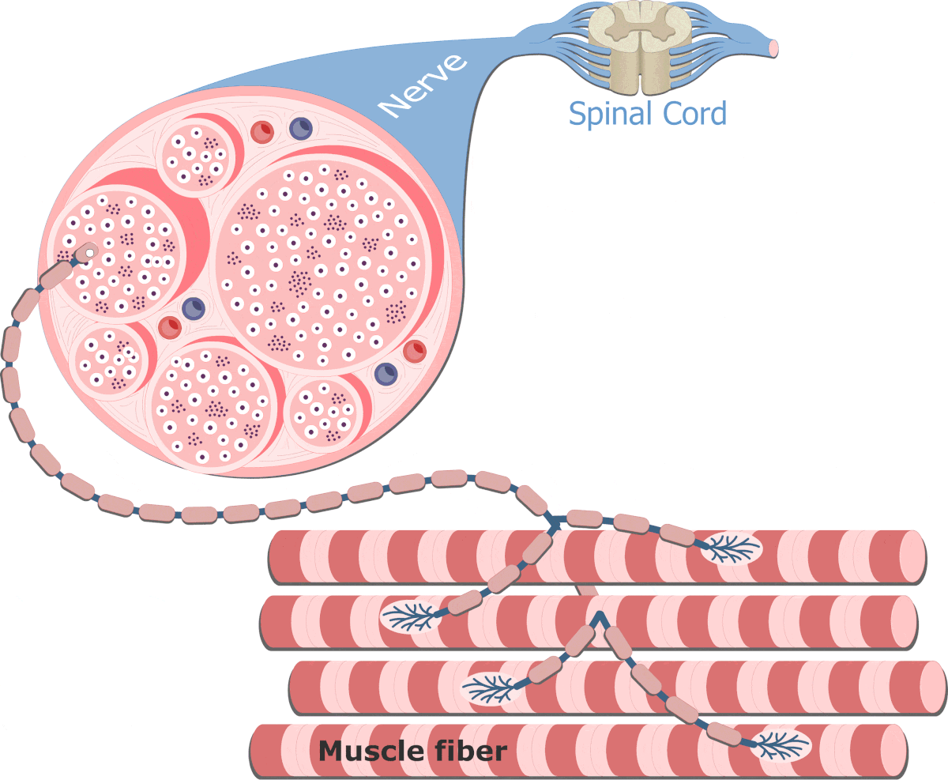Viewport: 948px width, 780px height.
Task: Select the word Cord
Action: (x=695, y=114)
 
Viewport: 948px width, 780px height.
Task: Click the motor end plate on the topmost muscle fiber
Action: (x=731, y=548)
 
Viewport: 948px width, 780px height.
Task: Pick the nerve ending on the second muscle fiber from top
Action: (x=410, y=616)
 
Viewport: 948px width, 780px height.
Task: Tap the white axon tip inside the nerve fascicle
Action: (x=90, y=253)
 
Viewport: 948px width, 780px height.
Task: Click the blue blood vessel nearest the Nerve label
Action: (x=301, y=126)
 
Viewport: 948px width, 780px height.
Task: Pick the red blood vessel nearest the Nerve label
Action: (x=261, y=131)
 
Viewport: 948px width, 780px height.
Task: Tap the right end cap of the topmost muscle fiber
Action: (x=912, y=556)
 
